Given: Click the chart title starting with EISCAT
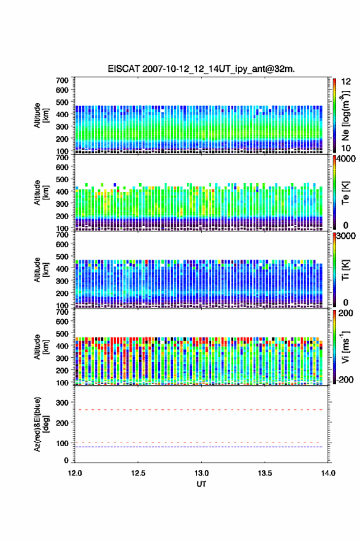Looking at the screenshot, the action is click(201, 69).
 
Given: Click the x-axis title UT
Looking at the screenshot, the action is click(201, 484).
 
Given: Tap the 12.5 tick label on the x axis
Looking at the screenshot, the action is click(138, 473).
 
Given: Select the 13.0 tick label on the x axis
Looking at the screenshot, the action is click(201, 473).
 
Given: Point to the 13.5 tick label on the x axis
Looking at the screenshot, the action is click(265, 473).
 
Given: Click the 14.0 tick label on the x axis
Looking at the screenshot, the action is click(328, 473).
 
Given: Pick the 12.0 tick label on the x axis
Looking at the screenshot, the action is click(75, 473).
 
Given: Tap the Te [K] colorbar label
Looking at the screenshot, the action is click(345, 193).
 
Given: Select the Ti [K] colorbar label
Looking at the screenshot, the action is click(345, 269).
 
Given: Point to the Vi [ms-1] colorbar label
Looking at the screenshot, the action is click(345, 347).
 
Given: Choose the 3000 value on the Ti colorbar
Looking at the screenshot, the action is click(346, 236).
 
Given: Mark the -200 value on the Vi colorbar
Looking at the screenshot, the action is click(344, 379).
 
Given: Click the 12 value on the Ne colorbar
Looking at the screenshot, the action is click(346, 82).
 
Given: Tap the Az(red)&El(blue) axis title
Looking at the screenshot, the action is click(41, 424).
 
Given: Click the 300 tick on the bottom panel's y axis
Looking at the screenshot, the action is click(63, 403).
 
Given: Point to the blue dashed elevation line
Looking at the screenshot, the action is click(199, 447).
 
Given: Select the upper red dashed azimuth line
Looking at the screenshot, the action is click(199, 409).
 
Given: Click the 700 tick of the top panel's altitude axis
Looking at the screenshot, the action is click(63, 80).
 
